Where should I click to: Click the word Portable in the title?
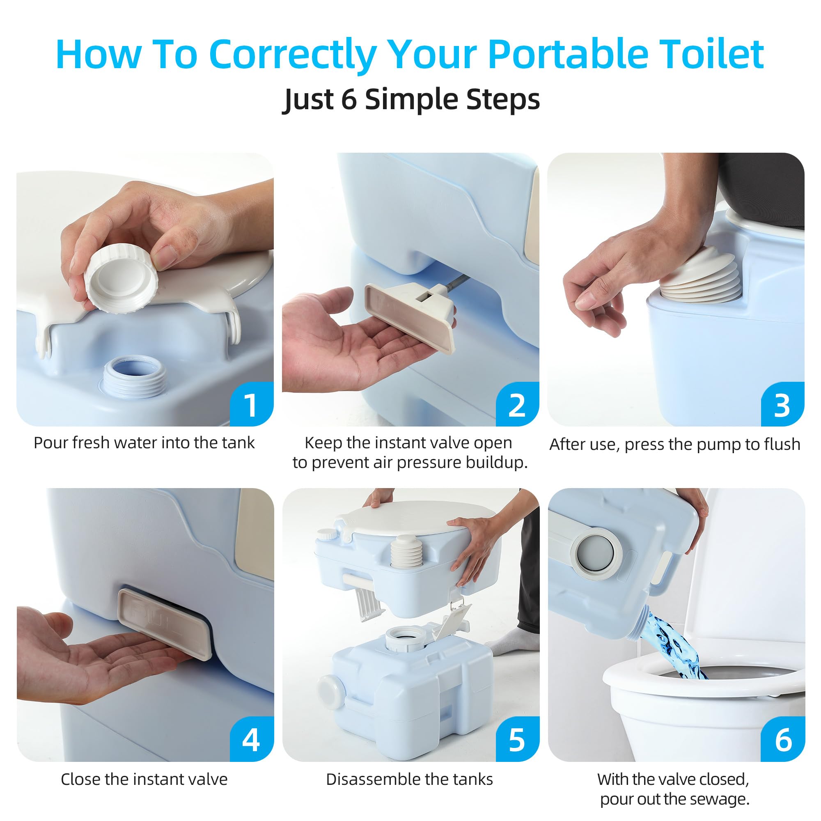[x=568, y=55]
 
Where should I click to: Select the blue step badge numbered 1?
[x=251, y=405]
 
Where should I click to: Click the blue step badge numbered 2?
[x=517, y=405]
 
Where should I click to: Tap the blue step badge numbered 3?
[x=782, y=405]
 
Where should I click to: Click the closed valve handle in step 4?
[x=165, y=623]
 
